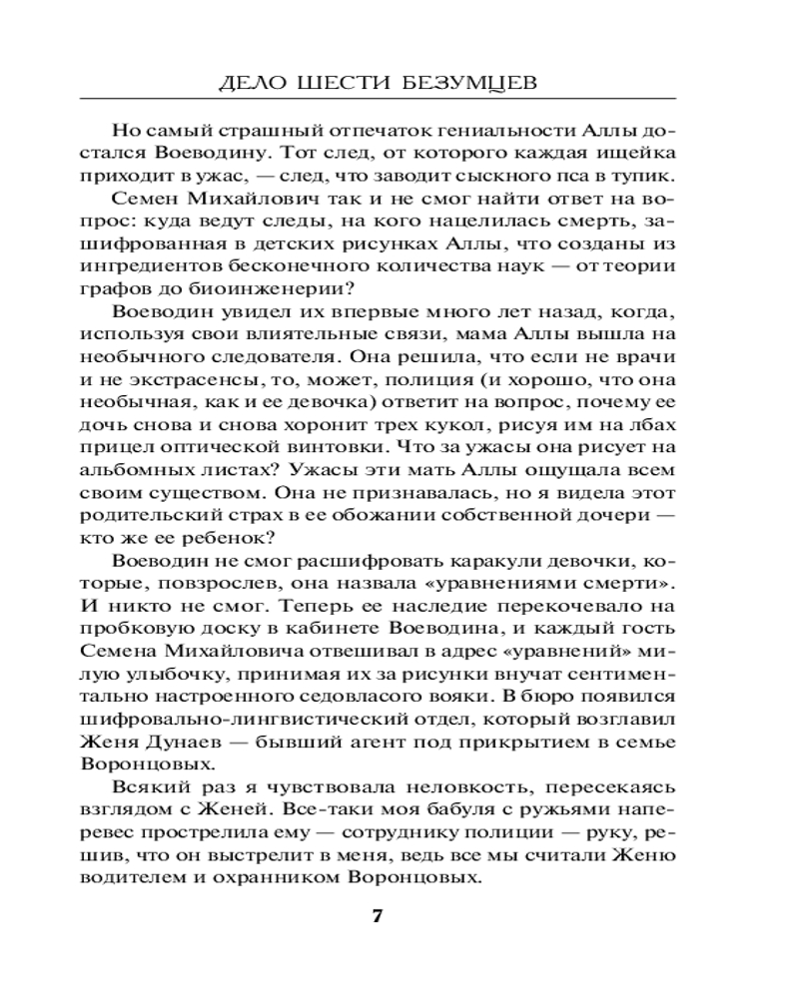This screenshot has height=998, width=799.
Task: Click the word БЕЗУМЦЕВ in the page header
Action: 469,82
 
